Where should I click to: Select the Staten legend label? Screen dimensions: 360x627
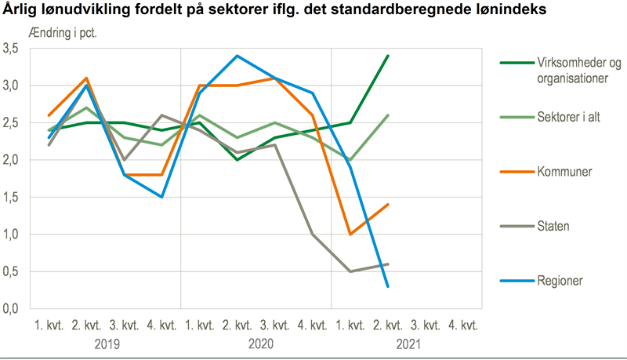coord(553,225)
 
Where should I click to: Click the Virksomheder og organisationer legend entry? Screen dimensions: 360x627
coord(578,70)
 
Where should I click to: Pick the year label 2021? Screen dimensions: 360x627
coord(407,344)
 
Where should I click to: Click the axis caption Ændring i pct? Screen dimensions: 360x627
coord(67,35)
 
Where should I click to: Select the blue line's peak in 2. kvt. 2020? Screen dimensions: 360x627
coord(237,56)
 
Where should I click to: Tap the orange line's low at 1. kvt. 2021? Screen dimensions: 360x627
coord(350,234)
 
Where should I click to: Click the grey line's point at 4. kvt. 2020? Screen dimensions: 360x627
coord(313,234)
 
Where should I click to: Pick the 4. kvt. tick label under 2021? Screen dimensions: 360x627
coord(463,325)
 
